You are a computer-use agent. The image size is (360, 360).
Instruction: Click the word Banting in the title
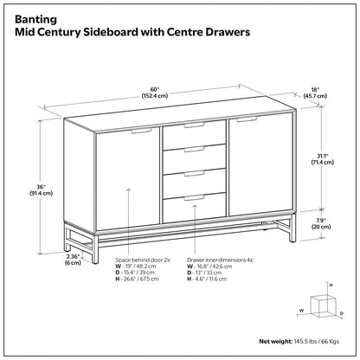(35, 20)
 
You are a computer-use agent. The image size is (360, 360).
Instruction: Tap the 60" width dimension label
(155, 93)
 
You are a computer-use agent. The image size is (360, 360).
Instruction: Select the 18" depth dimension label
(315, 93)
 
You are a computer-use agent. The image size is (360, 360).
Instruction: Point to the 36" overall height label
(41, 190)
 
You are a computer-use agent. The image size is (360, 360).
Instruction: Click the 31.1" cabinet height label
(322, 158)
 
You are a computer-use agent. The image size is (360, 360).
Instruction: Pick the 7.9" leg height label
(321, 223)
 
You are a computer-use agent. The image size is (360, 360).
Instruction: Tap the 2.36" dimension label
(73, 260)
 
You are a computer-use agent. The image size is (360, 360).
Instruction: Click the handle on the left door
(141, 131)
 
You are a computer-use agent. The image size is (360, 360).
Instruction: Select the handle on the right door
(247, 119)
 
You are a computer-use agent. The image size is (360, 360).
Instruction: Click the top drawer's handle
(194, 125)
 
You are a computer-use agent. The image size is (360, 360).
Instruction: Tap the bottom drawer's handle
(194, 198)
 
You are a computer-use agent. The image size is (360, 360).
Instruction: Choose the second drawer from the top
(194, 158)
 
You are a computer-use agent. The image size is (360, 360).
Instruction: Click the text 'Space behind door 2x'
(143, 260)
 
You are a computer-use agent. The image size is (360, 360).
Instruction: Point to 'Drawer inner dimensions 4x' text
(221, 260)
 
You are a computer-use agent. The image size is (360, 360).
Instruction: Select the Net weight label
(276, 342)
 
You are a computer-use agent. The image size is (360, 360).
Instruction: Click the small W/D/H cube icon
(323, 306)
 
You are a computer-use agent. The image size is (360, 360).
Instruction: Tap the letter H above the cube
(331, 285)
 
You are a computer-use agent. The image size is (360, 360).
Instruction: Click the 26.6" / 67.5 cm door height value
(140, 279)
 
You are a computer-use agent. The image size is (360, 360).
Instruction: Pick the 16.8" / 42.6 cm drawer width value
(214, 267)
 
